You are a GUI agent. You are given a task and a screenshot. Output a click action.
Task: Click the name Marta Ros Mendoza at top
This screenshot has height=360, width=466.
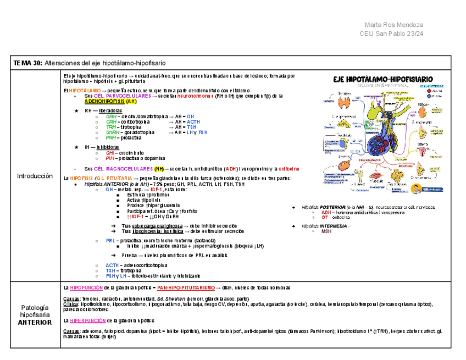coord(393,25)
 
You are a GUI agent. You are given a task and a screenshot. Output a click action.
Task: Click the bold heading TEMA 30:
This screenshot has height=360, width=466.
coord(28,63)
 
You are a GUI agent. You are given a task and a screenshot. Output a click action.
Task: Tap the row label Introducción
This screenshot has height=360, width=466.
coord(35,176)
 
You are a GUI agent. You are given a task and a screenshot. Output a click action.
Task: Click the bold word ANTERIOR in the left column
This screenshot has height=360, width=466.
coord(35,323)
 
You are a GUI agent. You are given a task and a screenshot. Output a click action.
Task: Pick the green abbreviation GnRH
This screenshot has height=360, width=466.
coord(112,132)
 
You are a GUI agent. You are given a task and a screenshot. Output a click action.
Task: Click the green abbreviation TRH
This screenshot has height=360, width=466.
coord(110,127)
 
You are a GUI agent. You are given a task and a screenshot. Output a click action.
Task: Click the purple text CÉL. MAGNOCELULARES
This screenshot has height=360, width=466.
coord(123,168)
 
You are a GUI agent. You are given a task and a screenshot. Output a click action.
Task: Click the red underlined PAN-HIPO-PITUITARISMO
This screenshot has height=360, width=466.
coord(185,287)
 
